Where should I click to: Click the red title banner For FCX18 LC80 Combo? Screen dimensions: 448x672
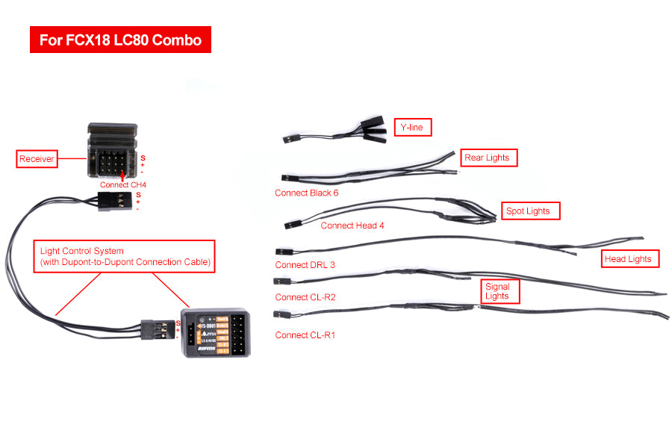pyautogui.click(x=120, y=40)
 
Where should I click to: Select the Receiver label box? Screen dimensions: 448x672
pyautogui.click(x=37, y=158)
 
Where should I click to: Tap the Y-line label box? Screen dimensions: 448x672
pyautogui.click(x=412, y=128)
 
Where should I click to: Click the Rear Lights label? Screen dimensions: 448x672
pyautogui.click(x=487, y=158)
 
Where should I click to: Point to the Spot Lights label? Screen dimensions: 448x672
pyautogui.click(x=528, y=211)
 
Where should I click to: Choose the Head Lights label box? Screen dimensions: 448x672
pyautogui.click(x=628, y=258)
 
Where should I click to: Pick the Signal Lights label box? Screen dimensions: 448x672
pyautogui.click(x=497, y=291)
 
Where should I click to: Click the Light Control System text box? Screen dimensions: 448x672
pyautogui.click(x=125, y=256)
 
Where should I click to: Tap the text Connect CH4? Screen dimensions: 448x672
pyautogui.click(x=123, y=184)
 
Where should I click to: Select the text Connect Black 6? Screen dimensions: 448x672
pyautogui.click(x=306, y=193)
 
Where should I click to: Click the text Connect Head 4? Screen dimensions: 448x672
pyautogui.click(x=352, y=225)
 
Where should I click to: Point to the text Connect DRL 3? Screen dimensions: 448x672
pyautogui.click(x=305, y=264)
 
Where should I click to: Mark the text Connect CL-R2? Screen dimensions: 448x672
pyautogui.click(x=305, y=297)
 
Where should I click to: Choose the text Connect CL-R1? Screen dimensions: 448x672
pyautogui.click(x=305, y=335)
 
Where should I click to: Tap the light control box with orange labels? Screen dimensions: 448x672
pyautogui.click(x=218, y=332)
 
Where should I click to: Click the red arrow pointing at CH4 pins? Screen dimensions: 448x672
pyautogui.click(x=122, y=174)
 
